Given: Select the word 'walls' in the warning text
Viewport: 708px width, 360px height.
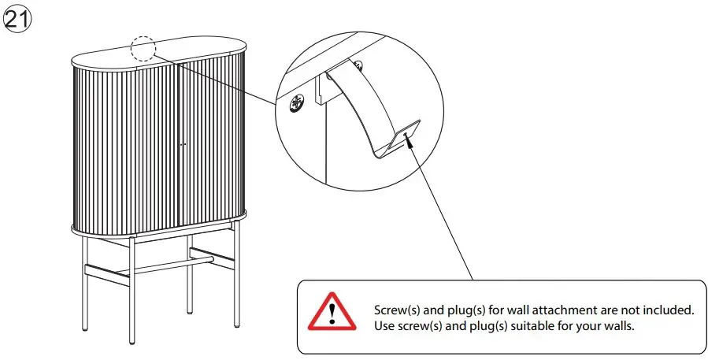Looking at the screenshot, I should (617, 325).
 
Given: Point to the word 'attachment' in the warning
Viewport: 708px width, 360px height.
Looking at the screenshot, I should (555, 310).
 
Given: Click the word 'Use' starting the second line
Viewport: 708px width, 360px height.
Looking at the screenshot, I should (386, 325).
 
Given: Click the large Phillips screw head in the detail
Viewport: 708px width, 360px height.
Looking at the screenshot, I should (298, 103).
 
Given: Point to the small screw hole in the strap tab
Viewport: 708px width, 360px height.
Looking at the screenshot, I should (404, 135).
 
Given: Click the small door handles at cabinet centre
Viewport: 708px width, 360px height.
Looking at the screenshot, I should (182, 145).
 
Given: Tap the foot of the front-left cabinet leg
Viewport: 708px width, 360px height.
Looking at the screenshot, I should (132, 340).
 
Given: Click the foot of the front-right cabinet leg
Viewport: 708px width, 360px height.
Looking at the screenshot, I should (236, 324).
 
